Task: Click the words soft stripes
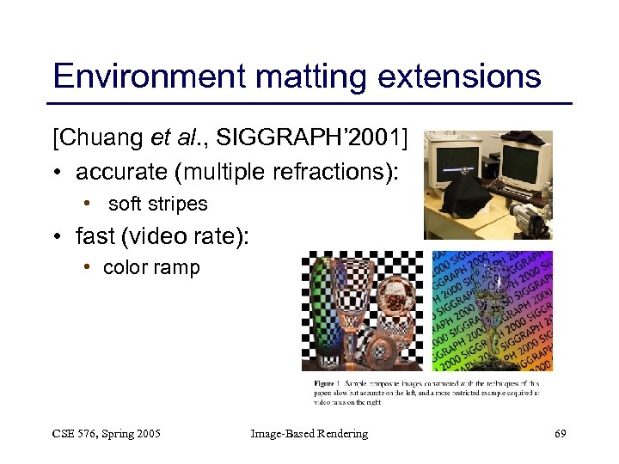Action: pyautogui.click(x=157, y=205)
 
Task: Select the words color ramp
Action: pyautogui.click(x=151, y=268)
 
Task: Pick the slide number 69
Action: pyautogui.click(x=560, y=434)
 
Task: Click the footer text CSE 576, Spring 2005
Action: pyautogui.click(x=107, y=434)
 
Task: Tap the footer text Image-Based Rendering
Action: pyautogui.click(x=309, y=434)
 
